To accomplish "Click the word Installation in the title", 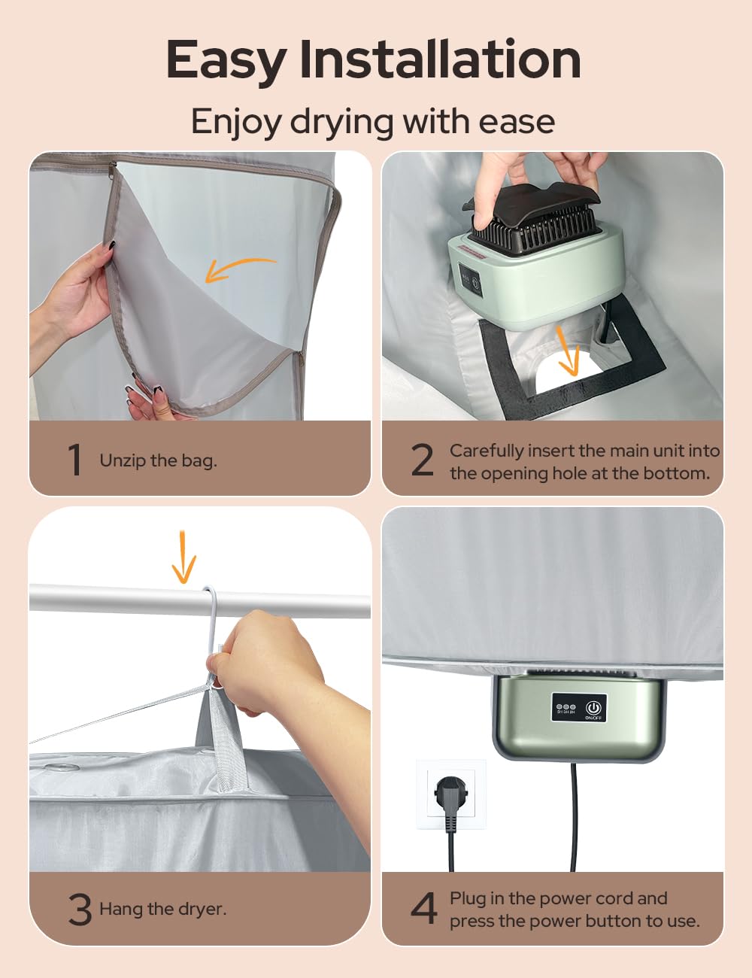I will click(440, 59).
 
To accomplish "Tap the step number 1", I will click(74, 459).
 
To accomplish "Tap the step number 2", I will click(423, 460).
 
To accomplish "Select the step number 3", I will click(80, 909).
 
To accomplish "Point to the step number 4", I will click(424, 908).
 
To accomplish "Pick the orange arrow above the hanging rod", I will click(183, 557).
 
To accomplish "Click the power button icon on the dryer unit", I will click(593, 707).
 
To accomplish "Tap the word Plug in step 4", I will click(467, 898).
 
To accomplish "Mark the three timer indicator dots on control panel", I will click(566, 707).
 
